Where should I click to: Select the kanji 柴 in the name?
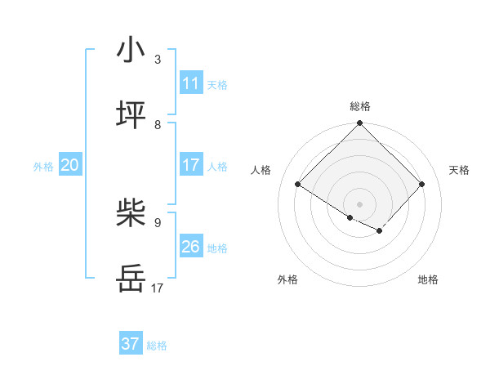tap(131, 214)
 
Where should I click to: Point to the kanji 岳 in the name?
tap(131, 279)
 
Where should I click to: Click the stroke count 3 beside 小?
tap(158, 59)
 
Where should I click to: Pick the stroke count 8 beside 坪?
tap(158, 124)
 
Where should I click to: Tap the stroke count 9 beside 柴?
tap(158, 222)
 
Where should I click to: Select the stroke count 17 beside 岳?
tap(158, 288)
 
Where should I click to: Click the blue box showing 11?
tap(190, 83)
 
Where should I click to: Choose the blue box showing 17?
tap(190, 165)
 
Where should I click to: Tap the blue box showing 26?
tap(190, 247)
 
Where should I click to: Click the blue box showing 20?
tap(70, 165)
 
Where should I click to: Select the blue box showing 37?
tap(131, 344)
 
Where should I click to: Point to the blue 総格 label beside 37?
tap(157, 346)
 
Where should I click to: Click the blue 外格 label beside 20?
tap(43, 167)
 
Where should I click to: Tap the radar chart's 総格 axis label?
tap(359, 106)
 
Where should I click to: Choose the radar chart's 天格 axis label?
tap(460, 170)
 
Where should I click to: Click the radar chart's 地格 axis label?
tap(428, 279)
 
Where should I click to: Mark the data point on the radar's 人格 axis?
tap(298, 185)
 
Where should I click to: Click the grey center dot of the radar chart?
tap(359, 203)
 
